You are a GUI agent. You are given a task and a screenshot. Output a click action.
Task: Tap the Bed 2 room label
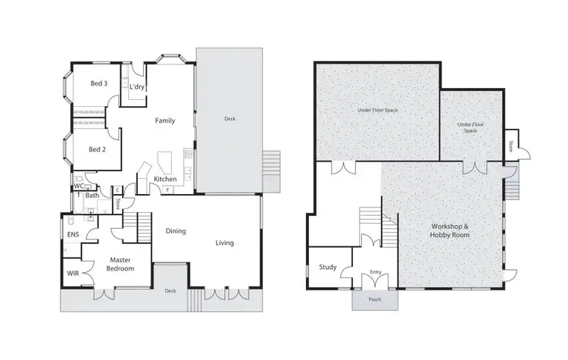(x=98, y=149)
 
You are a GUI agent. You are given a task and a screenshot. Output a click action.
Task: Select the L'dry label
(x=137, y=88)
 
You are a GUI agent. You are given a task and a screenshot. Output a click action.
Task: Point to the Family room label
(x=165, y=121)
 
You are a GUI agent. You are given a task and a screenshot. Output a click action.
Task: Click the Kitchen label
(x=165, y=179)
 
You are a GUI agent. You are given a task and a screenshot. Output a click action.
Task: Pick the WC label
(x=78, y=186)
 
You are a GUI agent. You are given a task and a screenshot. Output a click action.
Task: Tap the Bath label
(x=92, y=196)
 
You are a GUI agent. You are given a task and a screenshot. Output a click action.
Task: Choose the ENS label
(x=73, y=235)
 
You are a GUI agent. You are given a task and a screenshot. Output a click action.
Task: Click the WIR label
(x=73, y=272)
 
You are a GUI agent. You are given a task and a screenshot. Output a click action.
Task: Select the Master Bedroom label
(x=120, y=265)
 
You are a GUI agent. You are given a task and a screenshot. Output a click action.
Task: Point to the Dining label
(x=175, y=231)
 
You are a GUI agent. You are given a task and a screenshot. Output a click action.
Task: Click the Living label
(x=224, y=243)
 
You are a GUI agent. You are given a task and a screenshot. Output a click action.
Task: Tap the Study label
(x=327, y=267)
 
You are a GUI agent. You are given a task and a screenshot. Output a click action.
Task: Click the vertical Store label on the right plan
(x=511, y=144)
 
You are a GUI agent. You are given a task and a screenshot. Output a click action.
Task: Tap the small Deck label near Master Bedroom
(x=170, y=290)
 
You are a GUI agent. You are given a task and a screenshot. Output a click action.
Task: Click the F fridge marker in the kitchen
(x=167, y=189)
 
